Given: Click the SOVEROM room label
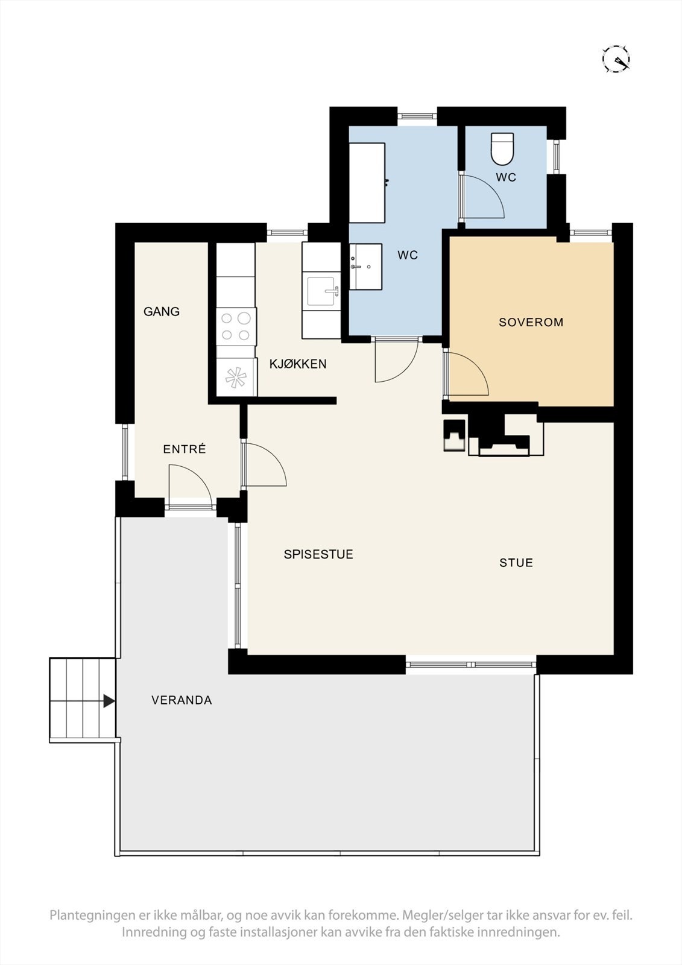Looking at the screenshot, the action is (531, 322).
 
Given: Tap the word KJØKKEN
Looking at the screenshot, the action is (298, 364).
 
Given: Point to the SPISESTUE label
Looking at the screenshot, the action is (318, 554).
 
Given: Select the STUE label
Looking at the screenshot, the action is (516, 563).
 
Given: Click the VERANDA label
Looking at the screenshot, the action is (182, 700).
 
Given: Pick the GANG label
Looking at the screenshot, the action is (162, 311).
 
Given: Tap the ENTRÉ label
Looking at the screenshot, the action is (185, 449).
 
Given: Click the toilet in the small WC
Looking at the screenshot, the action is (503, 149).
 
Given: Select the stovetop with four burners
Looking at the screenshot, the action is (236, 326).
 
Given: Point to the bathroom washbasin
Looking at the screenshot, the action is (365, 267).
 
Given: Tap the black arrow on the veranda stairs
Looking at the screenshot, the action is (109, 701).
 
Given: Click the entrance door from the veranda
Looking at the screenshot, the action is (189, 487).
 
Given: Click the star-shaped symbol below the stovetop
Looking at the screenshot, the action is (236, 378).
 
